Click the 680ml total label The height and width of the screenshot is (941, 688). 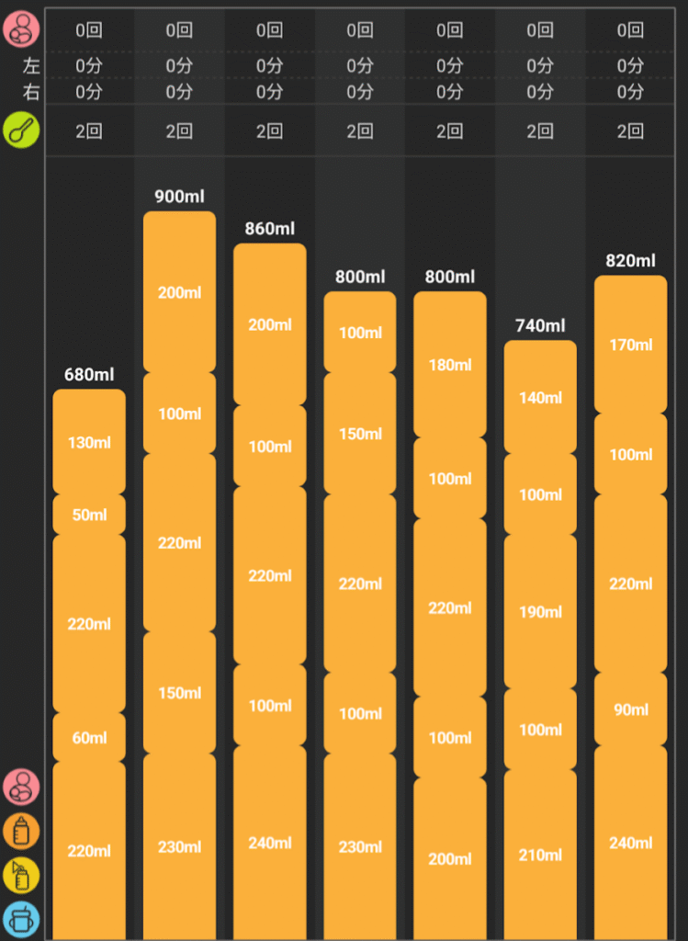[89, 374]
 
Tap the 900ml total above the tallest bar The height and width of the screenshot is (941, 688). [179, 197]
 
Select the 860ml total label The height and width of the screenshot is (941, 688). [269, 229]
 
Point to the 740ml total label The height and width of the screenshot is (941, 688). [540, 325]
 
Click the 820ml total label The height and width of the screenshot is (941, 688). [630, 261]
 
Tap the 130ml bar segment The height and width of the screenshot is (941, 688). [89, 442]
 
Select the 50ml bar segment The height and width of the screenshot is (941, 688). [89, 515]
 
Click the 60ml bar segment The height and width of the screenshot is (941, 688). [89, 737]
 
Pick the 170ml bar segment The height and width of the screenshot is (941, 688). [630, 345]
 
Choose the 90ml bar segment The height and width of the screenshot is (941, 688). [630, 709]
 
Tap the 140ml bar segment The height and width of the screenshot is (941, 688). [540, 398]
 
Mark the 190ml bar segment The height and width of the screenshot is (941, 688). [540, 612]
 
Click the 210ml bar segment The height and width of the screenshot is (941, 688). [540, 855]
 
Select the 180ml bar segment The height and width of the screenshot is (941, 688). [450, 365]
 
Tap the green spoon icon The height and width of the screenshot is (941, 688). [21, 130]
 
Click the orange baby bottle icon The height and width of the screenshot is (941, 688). [21, 831]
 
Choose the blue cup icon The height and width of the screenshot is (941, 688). [21, 919]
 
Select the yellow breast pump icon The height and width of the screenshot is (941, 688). [21, 875]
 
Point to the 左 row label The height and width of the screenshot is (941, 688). [31, 66]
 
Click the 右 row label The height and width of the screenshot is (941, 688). [31, 92]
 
